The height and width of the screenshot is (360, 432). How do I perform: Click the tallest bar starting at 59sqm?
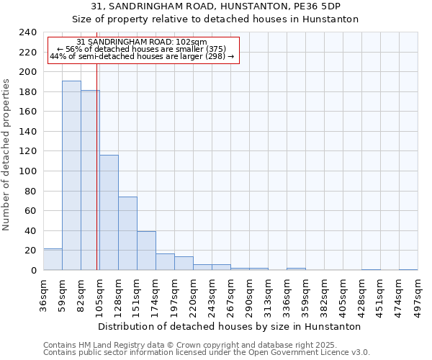pos(71,176)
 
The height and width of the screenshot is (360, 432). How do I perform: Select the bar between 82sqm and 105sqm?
pos(89,180)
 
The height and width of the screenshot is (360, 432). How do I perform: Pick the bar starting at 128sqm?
pos(127,233)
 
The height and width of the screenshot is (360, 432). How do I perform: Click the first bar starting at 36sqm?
pos(53,259)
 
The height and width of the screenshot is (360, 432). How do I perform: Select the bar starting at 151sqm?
pos(146,251)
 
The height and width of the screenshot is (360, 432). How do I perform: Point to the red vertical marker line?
pos(96,180)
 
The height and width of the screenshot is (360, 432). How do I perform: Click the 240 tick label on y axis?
pos(28,32)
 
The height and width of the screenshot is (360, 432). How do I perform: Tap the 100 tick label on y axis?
pos(28,171)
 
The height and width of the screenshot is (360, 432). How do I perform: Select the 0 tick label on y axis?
pos(34,271)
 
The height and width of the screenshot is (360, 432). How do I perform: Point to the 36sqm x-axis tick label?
pos(43,294)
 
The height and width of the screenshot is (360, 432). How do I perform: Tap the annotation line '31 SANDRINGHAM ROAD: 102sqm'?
pos(142,42)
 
